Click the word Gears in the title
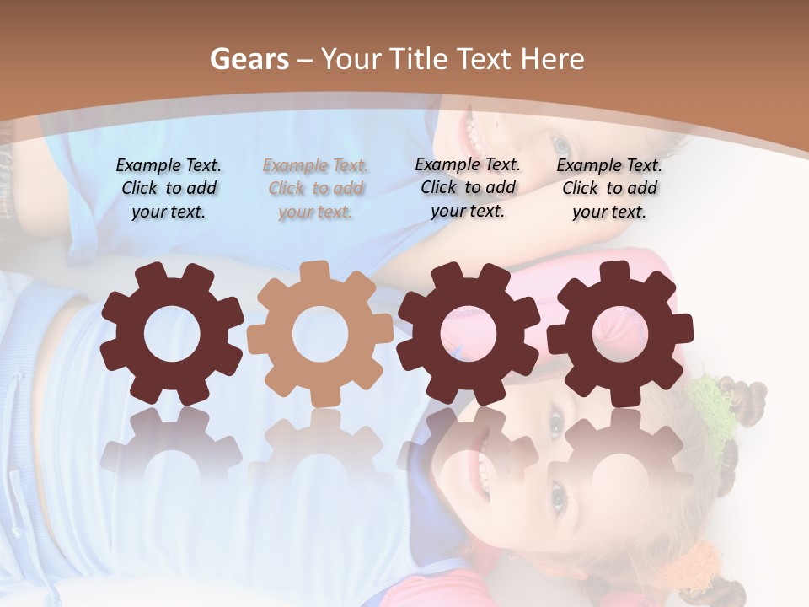(x=249, y=59)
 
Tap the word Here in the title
(x=552, y=59)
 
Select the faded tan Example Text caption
(x=316, y=189)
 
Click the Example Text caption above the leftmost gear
(x=169, y=188)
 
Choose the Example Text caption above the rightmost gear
(x=609, y=188)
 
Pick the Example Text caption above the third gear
(x=468, y=187)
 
